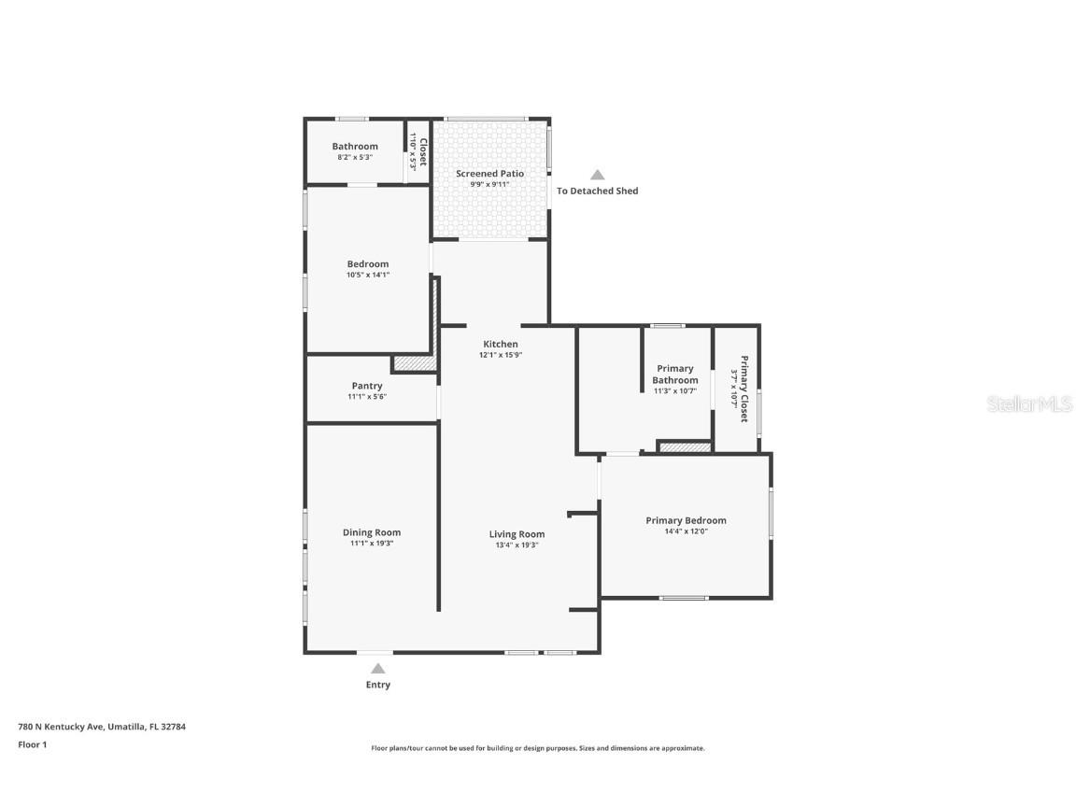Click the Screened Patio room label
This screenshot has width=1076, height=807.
pyautogui.click(x=489, y=174)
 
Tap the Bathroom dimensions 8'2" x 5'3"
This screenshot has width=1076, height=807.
pyautogui.click(x=355, y=158)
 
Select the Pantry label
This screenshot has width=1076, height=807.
pyautogui.click(x=367, y=386)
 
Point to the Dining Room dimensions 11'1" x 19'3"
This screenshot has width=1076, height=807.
pyautogui.click(x=372, y=544)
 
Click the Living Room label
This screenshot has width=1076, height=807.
pyautogui.click(x=517, y=534)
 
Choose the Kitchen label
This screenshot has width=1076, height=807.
pyautogui.click(x=500, y=344)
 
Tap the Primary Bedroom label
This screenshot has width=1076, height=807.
pyautogui.click(x=686, y=520)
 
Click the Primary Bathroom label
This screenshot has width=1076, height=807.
pyautogui.click(x=674, y=375)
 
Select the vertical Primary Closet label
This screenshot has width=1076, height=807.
pyautogui.click(x=744, y=389)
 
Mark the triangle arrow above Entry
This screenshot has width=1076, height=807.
pyautogui.click(x=377, y=668)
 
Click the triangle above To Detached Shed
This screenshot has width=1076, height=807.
pyautogui.click(x=597, y=175)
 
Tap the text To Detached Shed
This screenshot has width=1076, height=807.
pyautogui.click(x=598, y=191)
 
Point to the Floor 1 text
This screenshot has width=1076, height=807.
pyautogui.click(x=32, y=744)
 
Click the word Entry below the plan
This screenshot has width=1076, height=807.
pyautogui.click(x=377, y=685)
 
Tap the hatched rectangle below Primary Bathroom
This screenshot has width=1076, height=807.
pyautogui.click(x=686, y=447)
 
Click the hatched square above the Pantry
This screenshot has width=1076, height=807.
pyautogui.click(x=414, y=363)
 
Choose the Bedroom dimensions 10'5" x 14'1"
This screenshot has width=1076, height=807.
pyautogui.click(x=367, y=275)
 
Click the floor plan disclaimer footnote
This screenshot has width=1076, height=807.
pyautogui.click(x=538, y=748)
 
